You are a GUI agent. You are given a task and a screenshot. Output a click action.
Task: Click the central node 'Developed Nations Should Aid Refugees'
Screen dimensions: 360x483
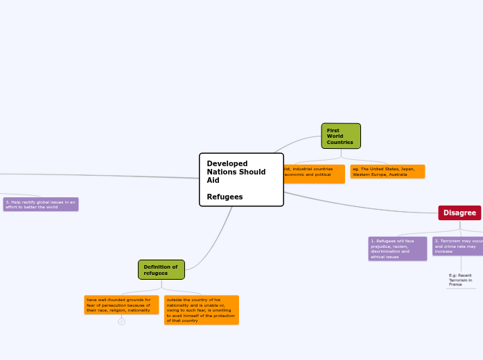tap(241, 179)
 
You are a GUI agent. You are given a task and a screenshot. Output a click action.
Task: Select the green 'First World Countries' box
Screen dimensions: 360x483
tap(341, 136)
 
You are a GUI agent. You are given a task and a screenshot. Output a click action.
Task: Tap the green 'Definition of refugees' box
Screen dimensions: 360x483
tap(161, 269)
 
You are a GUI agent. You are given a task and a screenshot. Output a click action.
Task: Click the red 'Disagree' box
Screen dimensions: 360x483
tap(459, 213)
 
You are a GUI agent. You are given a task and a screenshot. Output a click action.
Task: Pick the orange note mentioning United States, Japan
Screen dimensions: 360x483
tap(387, 171)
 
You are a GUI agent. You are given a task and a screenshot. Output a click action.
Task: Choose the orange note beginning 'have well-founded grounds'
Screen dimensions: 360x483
tap(121, 305)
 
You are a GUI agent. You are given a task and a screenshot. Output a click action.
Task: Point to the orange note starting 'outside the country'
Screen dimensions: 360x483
tap(201, 310)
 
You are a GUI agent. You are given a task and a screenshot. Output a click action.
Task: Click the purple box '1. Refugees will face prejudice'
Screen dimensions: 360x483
tap(397, 249)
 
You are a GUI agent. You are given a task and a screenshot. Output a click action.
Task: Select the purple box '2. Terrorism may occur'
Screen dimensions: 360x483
tap(457, 246)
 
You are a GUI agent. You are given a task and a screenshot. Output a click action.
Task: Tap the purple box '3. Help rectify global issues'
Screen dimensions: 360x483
tap(41, 204)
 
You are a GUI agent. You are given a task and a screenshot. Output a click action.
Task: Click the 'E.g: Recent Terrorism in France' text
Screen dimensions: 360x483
tap(461, 280)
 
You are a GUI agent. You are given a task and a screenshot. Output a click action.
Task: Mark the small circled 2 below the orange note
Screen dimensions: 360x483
tap(121, 321)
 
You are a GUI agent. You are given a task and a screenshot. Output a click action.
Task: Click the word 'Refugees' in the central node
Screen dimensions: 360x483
tap(225, 197)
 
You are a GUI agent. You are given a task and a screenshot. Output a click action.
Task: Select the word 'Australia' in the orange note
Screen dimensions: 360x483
tap(398, 174)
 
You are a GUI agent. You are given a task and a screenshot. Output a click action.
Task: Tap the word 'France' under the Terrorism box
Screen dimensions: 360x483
tap(455, 285)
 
